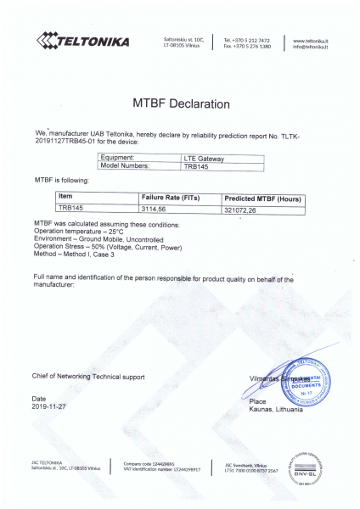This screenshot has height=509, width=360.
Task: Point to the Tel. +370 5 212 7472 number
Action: click(x=247, y=40)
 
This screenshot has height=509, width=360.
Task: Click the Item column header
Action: click(x=65, y=197)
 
